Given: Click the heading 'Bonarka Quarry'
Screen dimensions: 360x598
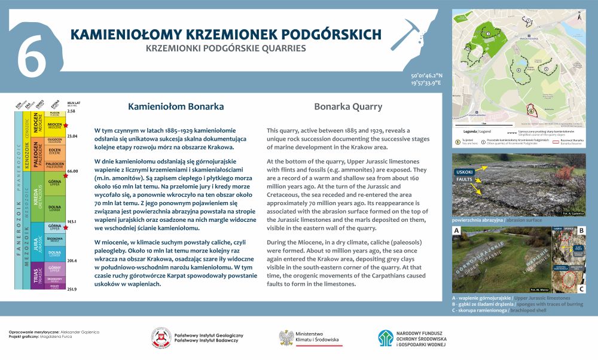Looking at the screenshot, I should tap(348, 107).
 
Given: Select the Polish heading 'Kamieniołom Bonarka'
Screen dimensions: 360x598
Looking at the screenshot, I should tap(176, 107).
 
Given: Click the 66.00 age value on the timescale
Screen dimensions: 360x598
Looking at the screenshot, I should tap(72, 171).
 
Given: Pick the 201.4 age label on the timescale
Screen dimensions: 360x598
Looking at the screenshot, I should tap(72, 261).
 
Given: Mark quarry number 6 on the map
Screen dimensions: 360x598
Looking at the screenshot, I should tap(530, 109).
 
